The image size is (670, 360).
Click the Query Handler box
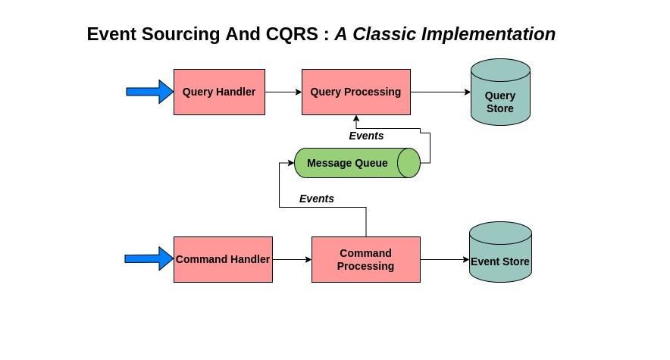coord(219,92)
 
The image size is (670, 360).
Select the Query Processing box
coord(356,92)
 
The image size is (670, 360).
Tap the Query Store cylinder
coord(500,92)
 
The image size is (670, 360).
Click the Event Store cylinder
coord(500,252)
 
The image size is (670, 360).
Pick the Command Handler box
coord(223,259)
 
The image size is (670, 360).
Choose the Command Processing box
coord(366,259)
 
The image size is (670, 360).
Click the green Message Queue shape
coord(357,163)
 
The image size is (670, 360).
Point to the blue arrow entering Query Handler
coord(149,92)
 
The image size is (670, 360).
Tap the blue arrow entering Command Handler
coord(149,258)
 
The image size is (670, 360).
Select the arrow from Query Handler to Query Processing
coord(283,92)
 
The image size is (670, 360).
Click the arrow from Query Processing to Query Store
coord(440,92)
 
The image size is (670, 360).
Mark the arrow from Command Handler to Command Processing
coord(292,259)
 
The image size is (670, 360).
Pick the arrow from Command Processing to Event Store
coord(445,259)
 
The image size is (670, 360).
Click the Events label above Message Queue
coord(366,136)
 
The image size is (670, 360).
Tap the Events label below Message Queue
coord(317,199)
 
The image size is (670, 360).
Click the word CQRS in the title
coord(292,34)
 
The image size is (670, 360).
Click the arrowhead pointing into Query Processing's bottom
coord(356,118)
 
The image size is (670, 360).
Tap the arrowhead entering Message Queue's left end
coord(290,163)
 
